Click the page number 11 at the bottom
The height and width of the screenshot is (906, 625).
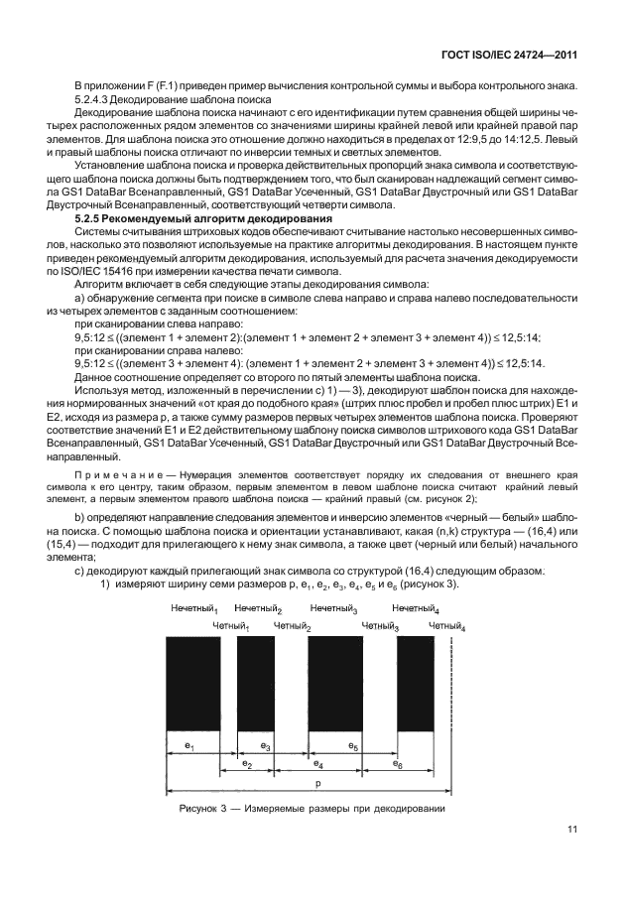[572, 830]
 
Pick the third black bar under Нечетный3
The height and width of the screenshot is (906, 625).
[335, 684]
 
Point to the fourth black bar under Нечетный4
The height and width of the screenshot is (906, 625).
[417, 684]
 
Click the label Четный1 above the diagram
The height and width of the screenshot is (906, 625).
[231, 626]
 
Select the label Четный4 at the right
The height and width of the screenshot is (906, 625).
[446, 626]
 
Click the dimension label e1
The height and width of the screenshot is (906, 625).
[189, 744]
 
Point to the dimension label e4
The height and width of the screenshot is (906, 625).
[317, 765]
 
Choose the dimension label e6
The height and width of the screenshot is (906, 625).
[398, 765]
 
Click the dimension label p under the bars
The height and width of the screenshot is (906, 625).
[317, 784]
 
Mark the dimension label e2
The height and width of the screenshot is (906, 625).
[248, 765]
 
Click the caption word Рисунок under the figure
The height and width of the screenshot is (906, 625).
[201, 808]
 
